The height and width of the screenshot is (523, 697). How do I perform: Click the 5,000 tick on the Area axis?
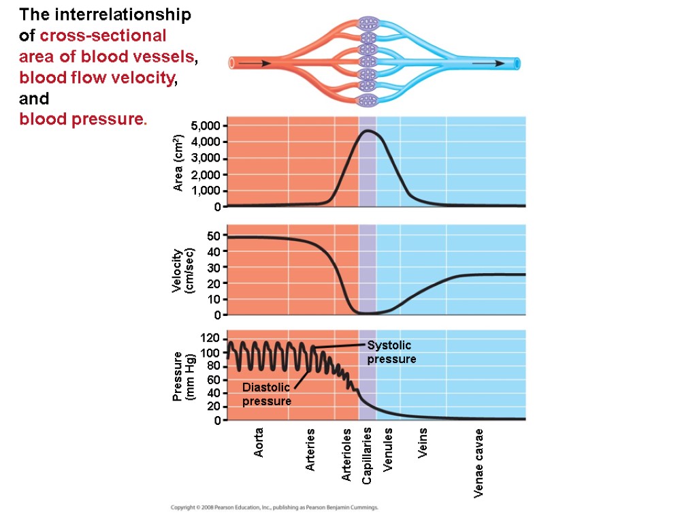pyautogui.click(x=206, y=126)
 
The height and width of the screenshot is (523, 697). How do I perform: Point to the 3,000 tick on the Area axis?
pyautogui.click(x=206, y=158)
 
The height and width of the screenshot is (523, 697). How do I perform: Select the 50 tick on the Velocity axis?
pyautogui.click(x=214, y=236)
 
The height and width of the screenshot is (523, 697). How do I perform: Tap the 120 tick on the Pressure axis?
pyautogui.click(x=210, y=338)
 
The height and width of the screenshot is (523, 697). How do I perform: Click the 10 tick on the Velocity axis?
pyautogui.click(x=214, y=300)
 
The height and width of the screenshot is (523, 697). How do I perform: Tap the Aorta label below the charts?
pyautogui.click(x=259, y=443)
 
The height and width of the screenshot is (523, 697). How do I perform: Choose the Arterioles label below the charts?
pyautogui.click(x=346, y=455)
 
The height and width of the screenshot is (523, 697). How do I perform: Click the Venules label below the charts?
pyautogui.click(x=388, y=449)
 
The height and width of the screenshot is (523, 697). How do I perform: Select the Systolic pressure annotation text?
pyautogui.click(x=391, y=352)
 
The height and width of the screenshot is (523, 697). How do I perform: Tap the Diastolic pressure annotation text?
pyautogui.click(x=267, y=394)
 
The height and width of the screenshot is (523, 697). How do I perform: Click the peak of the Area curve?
pyautogui.click(x=368, y=130)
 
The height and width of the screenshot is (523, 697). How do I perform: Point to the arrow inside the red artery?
pyautogui.click(x=256, y=63)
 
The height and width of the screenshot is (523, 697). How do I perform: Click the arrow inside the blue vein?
pyautogui.click(x=488, y=63)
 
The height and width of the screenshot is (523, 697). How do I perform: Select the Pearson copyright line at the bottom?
pyautogui.click(x=274, y=508)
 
